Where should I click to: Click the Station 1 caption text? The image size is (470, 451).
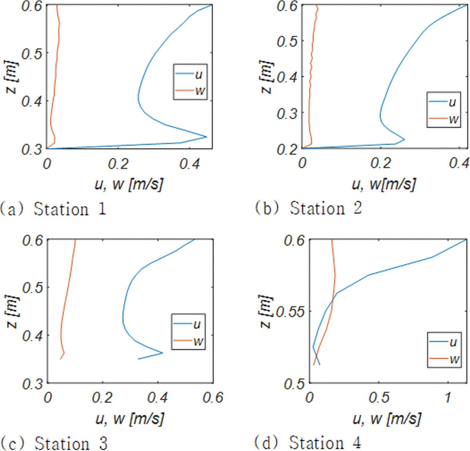(53, 209)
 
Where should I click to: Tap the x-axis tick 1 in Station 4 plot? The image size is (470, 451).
(448, 397)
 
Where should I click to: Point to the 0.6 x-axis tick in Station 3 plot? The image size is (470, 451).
(213, 397)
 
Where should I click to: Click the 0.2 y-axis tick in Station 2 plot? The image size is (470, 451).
(287, 149)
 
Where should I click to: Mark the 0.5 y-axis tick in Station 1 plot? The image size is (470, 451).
(31, 54)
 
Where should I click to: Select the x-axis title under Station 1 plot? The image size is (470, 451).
(129, 184)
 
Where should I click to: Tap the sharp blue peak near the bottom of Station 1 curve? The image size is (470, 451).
(206, 137)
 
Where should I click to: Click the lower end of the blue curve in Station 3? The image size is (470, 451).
(138, 359)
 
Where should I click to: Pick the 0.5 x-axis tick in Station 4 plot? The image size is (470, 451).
(379, 397)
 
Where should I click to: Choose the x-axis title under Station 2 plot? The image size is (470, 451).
(384, 184)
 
